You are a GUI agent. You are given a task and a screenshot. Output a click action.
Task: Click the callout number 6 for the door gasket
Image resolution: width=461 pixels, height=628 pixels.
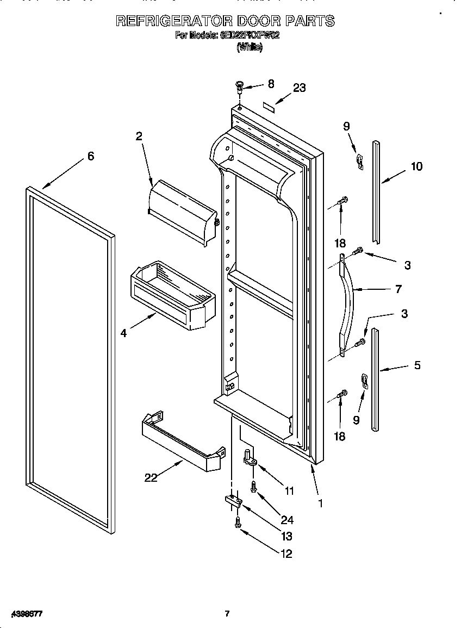pos(90,157)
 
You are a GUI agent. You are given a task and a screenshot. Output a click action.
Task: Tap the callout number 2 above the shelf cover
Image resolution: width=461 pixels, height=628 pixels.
pos(139,136)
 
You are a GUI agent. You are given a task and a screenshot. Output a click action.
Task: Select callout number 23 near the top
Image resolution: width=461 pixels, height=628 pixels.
pos(299,88)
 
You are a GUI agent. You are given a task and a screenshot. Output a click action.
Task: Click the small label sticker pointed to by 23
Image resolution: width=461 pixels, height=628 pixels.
pos(270,105)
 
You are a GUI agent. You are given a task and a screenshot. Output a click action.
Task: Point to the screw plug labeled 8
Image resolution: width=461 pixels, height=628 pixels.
pos(239,85)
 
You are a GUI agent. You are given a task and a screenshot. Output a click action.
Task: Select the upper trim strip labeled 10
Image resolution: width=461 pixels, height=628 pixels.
pos(376,190)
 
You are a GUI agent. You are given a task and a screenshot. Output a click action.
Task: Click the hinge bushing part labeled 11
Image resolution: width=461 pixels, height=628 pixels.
pos(250,458)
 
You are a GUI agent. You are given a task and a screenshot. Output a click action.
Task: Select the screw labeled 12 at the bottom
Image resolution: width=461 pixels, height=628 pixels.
pos(238,523)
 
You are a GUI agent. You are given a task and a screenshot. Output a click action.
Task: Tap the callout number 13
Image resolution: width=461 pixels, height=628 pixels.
pos(286,536)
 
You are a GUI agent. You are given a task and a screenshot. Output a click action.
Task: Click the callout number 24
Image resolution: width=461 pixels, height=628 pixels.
pos(286,520)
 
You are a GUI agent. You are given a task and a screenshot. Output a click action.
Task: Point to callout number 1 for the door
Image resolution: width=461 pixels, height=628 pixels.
pos(320,503)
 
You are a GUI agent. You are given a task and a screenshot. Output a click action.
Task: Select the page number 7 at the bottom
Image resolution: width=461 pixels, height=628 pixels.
pos(227,614)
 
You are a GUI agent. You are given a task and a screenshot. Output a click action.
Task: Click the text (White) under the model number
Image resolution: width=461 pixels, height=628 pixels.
pos(250,48)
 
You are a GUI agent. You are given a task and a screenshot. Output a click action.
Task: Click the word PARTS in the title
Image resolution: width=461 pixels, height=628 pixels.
pos(310,21)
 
